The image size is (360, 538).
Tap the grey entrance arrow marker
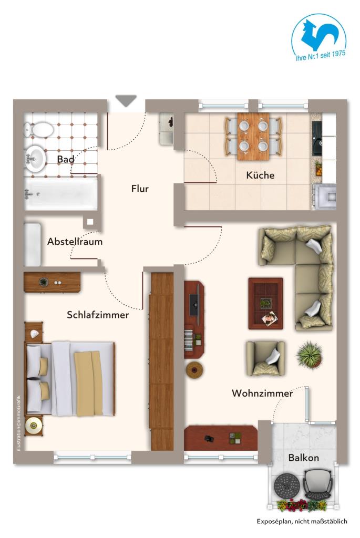click(126, 100)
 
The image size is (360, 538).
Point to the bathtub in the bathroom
click(60, 193)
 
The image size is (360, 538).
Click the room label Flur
click(140, 189)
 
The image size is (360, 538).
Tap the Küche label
click(260, 175)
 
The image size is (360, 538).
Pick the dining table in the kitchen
click(253, 136)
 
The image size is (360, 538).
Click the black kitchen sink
click(317, 138)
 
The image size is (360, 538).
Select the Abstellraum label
click(75, 242)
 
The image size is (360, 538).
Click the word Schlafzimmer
click(98, 315)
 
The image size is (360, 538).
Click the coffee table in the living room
click(265, 302)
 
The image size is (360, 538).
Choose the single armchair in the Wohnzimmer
click(266, 358)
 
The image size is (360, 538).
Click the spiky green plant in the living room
click(308, 355)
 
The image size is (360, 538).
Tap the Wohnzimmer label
click(262, 393)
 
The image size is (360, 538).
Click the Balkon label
click(303, 458)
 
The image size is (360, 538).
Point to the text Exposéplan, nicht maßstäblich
click(302, 522)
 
